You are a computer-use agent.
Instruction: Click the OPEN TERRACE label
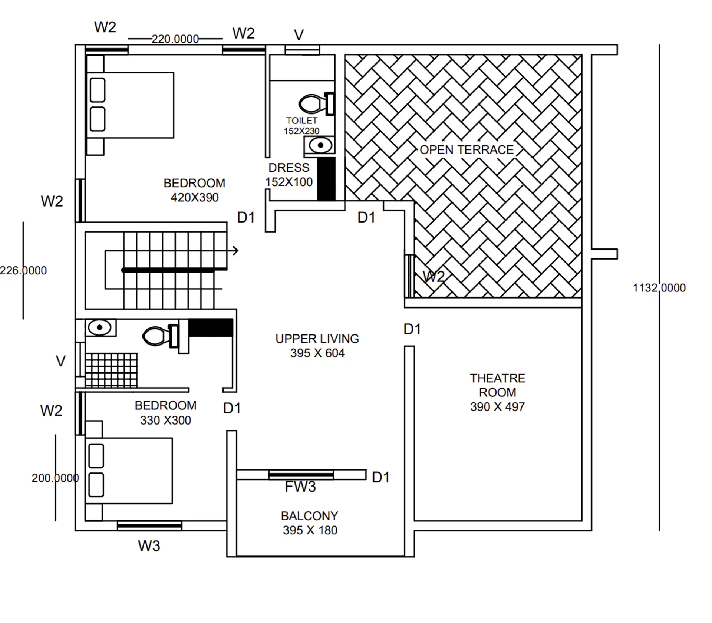[x=467, y=150]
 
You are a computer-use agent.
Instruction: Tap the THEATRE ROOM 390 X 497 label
[x=497, y=392]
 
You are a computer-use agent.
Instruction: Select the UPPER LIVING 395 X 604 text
[x=317, y=346]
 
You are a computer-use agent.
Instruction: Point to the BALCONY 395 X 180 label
[x=310, y=523]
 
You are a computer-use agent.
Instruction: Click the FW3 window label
[x=300, y=487]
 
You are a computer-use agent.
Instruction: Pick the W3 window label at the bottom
[x=149, y=546]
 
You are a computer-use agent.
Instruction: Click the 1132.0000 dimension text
[x=659, y=288]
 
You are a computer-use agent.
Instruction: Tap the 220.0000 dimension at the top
[x=175, y=39]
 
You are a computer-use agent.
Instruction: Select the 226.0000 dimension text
[x=23, y=270]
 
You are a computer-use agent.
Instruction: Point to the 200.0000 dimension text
[x=55, y=478]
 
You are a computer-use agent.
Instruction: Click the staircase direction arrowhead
[x=236, y=251]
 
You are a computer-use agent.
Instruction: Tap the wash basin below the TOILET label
[x=320, y=145]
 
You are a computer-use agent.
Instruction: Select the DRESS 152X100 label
[x=289, y=175]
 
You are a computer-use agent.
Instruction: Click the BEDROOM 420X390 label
[x=194, y=190]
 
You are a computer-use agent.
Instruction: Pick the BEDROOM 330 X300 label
[x=165, y=413]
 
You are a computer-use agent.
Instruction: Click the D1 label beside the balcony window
[x=380, y=478]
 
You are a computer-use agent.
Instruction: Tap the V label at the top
[x=299, y=36]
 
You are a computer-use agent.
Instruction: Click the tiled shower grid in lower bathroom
[x=111, y=370]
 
